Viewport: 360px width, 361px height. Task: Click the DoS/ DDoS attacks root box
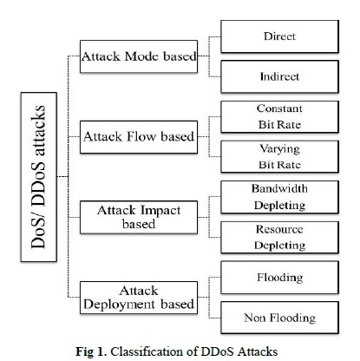tap(39, 177)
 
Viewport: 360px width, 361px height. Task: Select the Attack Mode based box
tap(139, 56)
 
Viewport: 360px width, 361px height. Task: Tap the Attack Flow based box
tap(139, 137)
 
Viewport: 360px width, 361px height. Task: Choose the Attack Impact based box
tap(139, 217)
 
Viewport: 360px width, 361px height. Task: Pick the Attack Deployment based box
tap(139, 298)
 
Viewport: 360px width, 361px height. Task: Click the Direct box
tap(279, 36)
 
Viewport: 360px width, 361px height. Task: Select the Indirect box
tap(279, 76)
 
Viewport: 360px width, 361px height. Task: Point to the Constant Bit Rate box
tap(279, 117)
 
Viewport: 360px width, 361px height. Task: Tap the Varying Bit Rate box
tap(279, 157)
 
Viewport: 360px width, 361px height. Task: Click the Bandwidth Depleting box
tap(279, 197)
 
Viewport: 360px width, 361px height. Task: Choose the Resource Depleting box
tap(279, 238)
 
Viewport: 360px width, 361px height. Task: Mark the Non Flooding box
tap(279, 318)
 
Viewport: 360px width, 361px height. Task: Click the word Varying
tap(279, 149)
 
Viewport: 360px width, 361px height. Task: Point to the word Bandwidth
tap(279, 188)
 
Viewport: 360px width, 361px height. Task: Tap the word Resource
tap(279, 229)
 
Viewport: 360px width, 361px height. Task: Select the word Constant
tap(279, 108)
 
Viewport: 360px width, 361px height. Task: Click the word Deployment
tap(120, 305)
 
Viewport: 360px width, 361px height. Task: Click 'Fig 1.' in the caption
tap(91, 351)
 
